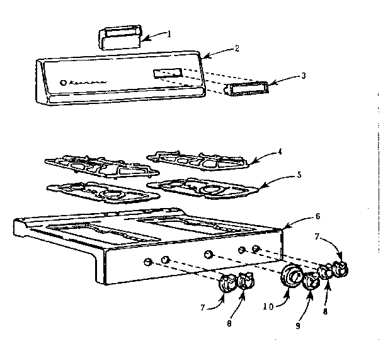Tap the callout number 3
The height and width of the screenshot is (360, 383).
click(304, 76)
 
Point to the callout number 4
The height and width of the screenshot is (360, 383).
click(280, 151)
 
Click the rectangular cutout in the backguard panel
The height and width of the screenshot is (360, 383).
click(167, 74)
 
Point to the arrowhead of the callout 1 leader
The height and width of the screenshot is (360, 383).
click(140, 39)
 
